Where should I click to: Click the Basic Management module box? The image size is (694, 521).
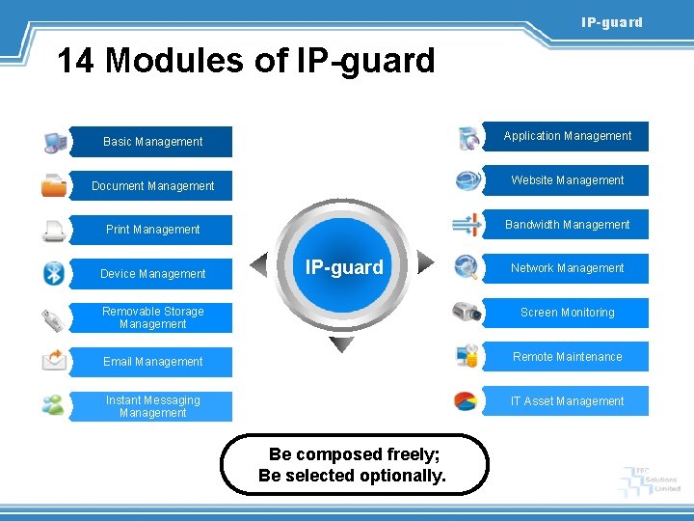click(152, 142)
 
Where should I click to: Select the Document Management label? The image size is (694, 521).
click(152, 186)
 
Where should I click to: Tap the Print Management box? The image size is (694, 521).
click(152, 230)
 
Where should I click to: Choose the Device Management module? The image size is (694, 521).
click(152, 274)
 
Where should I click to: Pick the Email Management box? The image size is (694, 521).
click(152, 362)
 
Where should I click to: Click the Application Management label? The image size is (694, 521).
click(567, 136)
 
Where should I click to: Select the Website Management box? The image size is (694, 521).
click(567, 180)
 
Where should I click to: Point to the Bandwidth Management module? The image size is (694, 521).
click(567, 225)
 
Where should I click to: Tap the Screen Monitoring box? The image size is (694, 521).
click(567, 313)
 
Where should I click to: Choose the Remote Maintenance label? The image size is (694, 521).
click(567, 357)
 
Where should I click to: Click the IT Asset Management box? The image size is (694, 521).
click(567, 401)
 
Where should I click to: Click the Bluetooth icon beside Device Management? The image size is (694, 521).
click(54, 273)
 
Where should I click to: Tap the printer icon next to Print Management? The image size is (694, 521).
click(54, 231)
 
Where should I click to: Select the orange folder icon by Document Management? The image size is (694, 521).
click(54, 185)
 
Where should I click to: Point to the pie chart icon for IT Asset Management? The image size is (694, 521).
click(467, 400)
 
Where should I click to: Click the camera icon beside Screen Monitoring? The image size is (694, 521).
click(467, 312)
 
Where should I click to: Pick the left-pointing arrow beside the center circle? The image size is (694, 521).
click(259, 263)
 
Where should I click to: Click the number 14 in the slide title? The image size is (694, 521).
click(77, 61)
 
